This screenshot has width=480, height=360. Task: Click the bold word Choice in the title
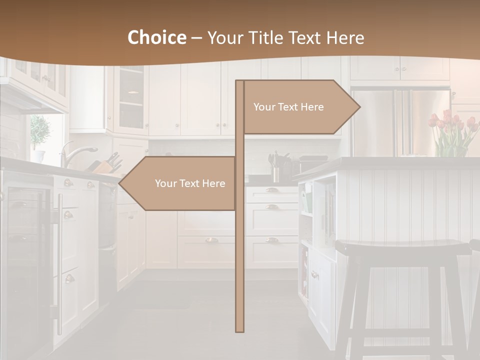pos(156,38)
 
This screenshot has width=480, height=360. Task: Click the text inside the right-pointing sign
pos(288,107)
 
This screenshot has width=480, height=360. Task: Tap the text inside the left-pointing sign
pos(190,183)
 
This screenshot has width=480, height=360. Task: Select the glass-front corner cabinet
pos(131,100)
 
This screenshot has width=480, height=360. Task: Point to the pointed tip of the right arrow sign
pos(359,107)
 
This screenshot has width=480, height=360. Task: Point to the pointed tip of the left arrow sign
pos(119,183)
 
